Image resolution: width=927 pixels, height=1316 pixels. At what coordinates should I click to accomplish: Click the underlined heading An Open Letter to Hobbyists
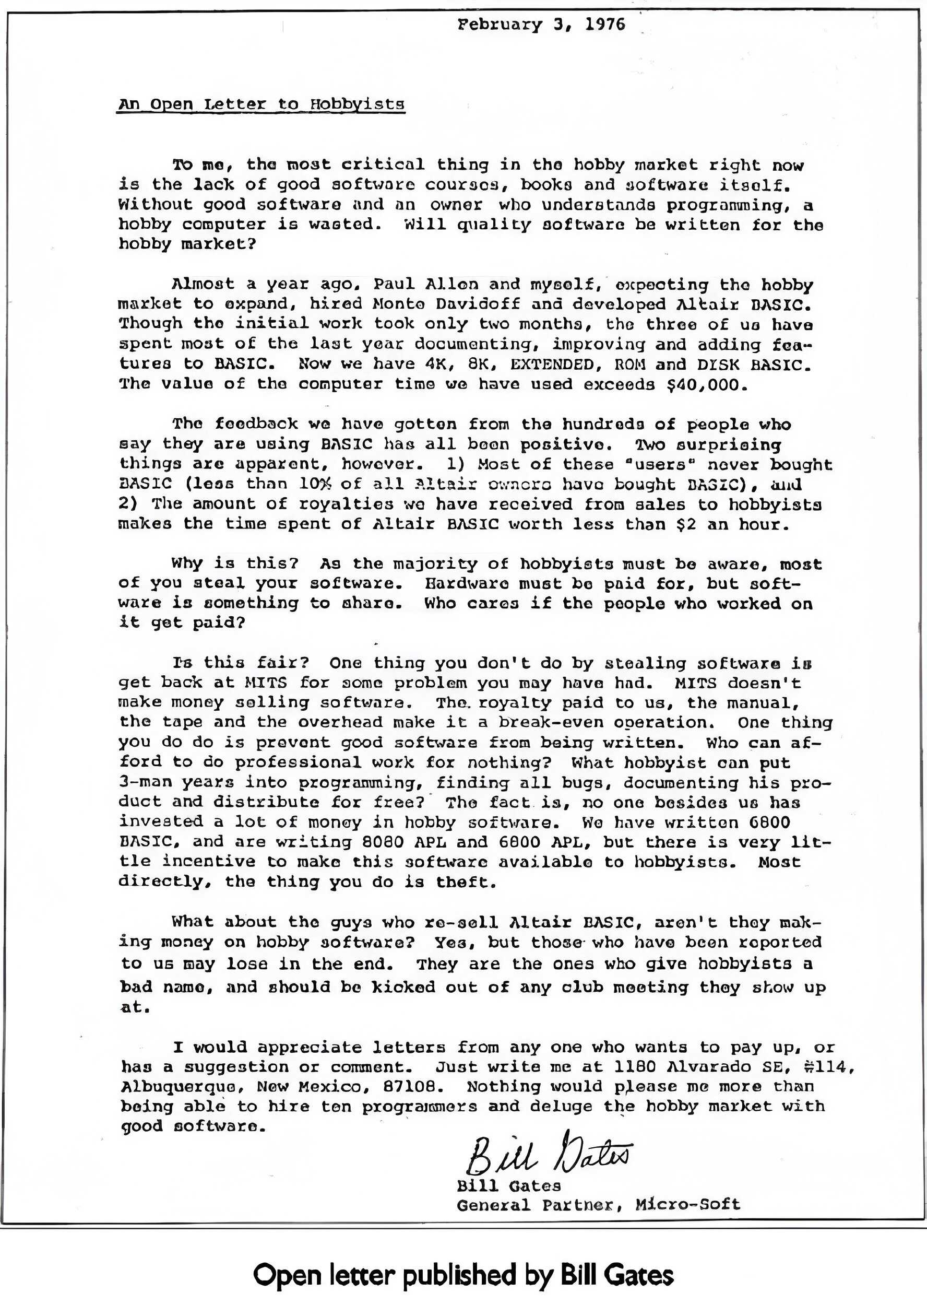(x=262, y=104)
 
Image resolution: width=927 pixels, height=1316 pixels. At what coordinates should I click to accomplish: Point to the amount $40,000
(x=708, y=384)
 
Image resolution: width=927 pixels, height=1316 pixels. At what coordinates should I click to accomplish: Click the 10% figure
(x=315, y=484)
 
